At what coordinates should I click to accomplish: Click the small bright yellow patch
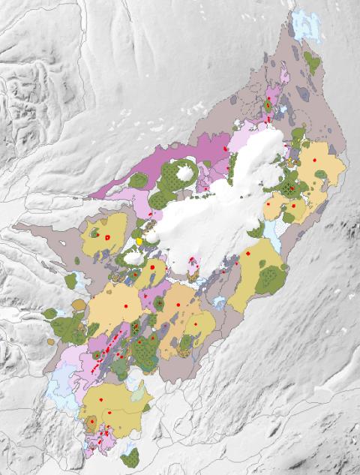pos(139,241)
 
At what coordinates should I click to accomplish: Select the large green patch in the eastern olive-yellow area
pos(270,278)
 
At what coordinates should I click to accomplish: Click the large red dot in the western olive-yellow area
pos(107,237)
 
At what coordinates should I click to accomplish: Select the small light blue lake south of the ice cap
pos(219,302)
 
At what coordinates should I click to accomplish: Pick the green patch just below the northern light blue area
pos(311,63)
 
